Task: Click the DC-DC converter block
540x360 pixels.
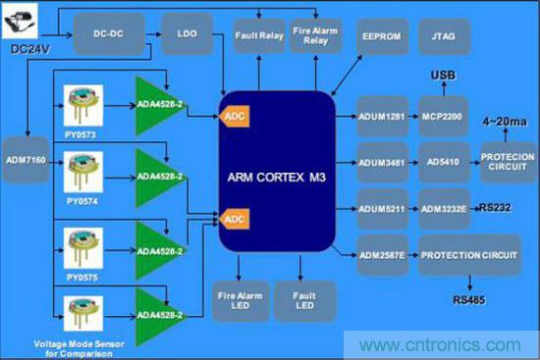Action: (109, 34)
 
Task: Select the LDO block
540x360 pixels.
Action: (187, 33)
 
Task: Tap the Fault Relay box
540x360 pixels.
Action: (259, 35)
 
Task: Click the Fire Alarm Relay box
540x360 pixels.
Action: (315, 35)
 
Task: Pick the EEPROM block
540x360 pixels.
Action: (382, 36)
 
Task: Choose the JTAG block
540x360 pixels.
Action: (444, 36)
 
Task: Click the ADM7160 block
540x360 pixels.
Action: (26, 160)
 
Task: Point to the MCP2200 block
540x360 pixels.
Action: (443, 117)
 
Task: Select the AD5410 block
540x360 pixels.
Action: (444, 162)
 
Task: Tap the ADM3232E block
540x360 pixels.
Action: (444, 209)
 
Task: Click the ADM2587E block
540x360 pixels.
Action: (383, 255)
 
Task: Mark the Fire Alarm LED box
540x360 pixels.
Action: (241, 301)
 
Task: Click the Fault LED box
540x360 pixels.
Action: (304, 301)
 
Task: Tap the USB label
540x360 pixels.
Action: (443, 75)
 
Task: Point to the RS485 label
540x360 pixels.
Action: (468, 300)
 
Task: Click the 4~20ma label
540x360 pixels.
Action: (505, 122)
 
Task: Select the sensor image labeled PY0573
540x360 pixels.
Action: (83, 106)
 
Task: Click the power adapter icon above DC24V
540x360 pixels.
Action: (20, 21)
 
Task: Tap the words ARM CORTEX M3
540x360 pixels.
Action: (277, 178)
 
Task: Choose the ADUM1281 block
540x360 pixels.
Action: (382, 117)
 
